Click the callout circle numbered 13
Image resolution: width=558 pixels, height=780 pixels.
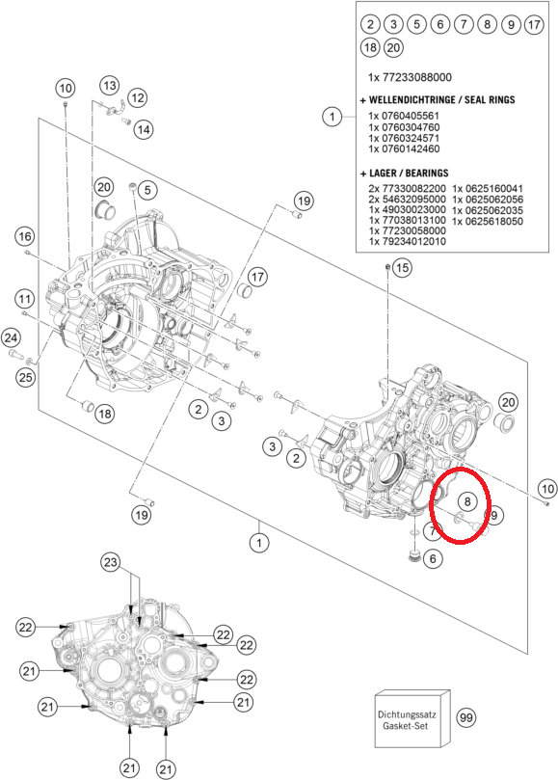click(x=110, y=85)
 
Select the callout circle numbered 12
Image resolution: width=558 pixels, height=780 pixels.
click(x=138, y=97)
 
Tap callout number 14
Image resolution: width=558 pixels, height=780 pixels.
click(x=144, y=130)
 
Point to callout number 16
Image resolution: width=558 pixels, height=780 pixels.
click(x=25, y=236)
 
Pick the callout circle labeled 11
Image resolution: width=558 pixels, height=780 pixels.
click(x=24, y=300)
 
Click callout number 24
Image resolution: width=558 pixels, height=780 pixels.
click(x=11, y=338)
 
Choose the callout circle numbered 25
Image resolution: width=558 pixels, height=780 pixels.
click(x=25, y=377)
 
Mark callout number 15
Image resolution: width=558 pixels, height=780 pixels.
click(x=402, y=268)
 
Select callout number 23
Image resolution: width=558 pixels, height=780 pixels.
click(x=110, y=563)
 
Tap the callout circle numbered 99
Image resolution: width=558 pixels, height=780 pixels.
click(x=466, y=718)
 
